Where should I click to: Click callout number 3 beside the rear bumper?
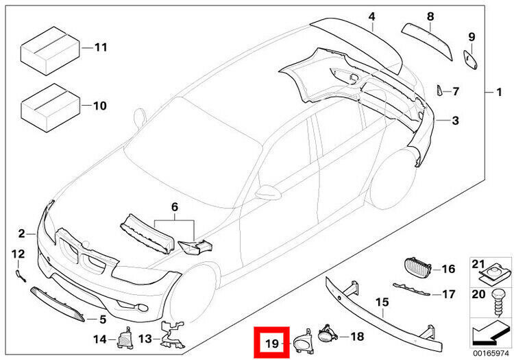[454, 121]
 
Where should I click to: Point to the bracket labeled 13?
[169, 332]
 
